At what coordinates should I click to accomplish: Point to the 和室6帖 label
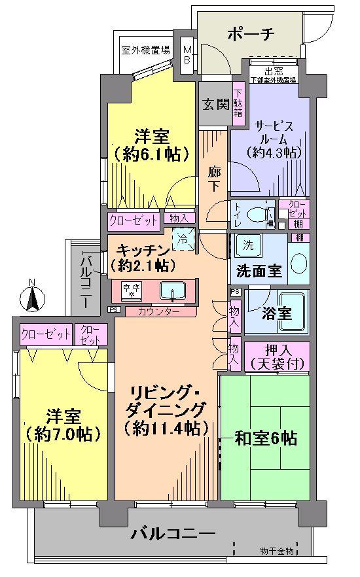tap(266, 438)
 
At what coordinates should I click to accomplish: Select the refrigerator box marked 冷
tap(184, 239)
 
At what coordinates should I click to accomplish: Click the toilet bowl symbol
tap(259, 213)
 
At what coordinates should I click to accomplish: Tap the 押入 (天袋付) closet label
tap(275, 356)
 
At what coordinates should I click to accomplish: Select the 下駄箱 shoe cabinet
tap(238, 103)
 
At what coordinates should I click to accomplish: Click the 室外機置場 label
tap(145, 50)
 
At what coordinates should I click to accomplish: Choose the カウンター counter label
tap(158, 311)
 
